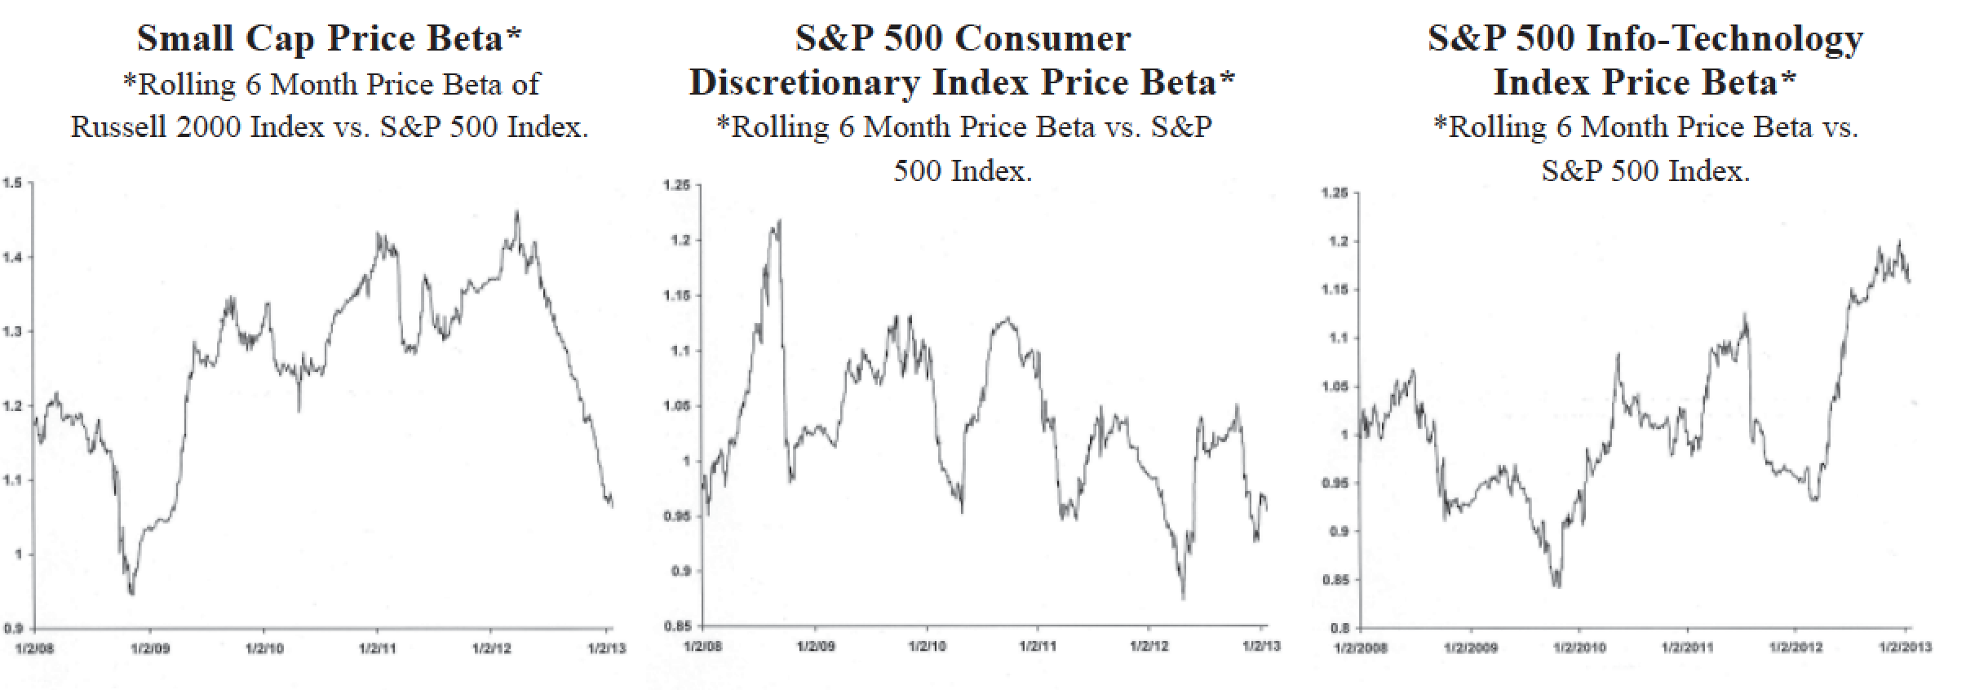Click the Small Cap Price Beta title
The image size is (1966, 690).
pos(329,38)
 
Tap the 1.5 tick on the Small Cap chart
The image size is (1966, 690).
pos(12,183)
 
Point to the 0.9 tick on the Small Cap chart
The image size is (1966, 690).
pos(12,628)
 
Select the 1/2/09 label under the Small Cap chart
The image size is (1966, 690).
pos(150,649)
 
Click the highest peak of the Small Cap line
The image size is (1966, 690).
pos(516,212)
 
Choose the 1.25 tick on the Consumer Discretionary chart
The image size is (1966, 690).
pos(676,186)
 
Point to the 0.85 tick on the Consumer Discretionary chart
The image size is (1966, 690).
pos(677,626)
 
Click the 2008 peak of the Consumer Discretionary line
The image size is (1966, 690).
pos(780,220)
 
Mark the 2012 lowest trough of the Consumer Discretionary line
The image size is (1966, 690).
pos(1183,598)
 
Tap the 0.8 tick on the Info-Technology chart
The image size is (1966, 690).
pos(1339,628)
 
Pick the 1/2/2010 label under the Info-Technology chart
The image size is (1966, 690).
pos(1579,648)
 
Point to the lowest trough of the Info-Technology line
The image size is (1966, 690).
pos(1556,586)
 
